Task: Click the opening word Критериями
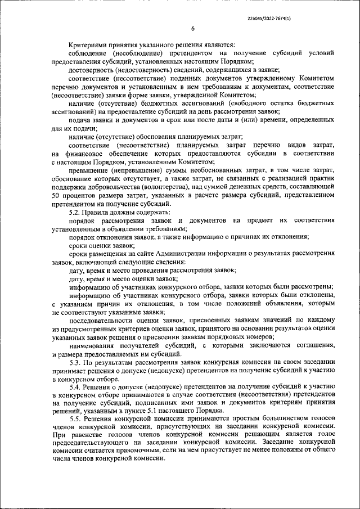click(x=89, y=45)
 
